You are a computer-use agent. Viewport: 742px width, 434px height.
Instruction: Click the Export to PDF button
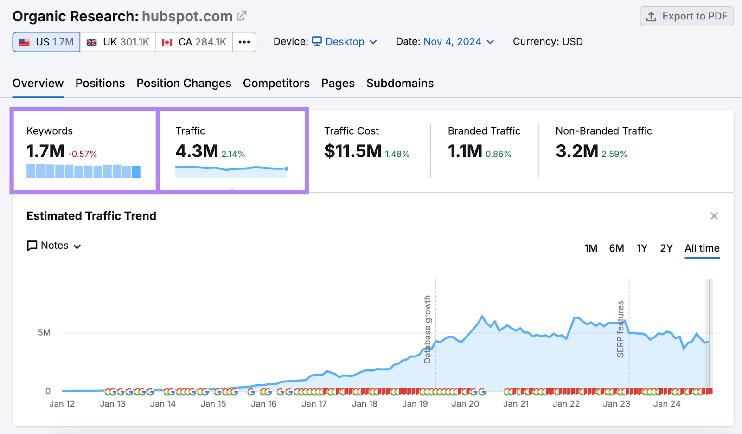click(x=687, y=16)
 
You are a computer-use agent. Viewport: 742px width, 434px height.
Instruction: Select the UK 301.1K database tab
click(x=118, y=42)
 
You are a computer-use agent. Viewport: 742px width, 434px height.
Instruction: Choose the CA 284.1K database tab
click(x=194, y=42)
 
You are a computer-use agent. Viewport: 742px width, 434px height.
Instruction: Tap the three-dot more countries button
click(x=244, y=42)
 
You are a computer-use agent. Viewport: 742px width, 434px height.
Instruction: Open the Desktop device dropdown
click(x=345, y=42)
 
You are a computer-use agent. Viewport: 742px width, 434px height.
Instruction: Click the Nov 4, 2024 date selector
click(x=458, y=42)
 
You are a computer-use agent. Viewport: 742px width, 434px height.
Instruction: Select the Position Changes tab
click(x=184, y=83)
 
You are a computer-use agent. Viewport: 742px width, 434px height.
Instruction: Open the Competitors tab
click(x=276, y=83)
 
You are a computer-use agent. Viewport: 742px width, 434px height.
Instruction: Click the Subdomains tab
click(x=400, y=83)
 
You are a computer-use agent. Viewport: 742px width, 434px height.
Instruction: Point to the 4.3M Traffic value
click(x=197, y=151)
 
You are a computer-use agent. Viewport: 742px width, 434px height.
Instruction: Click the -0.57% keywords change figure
click(x=83, y=154)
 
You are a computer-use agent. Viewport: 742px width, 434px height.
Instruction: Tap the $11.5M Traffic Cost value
click(x=353, y=151)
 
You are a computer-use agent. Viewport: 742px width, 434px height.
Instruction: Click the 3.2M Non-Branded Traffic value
click(x=577, y=151)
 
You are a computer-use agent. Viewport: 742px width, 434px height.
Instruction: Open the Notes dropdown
click(x=54, y=246)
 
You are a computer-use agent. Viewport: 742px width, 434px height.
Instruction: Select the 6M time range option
click(x=616, y=248)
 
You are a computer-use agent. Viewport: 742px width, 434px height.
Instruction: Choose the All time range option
click(x=702, y=248)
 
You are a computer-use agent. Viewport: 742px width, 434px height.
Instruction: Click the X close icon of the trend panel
click(x=714, y=216)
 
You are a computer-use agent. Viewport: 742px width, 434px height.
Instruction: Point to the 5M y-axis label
click(x=45, y=332)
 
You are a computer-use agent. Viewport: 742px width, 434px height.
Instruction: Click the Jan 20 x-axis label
click(x=465, y=404)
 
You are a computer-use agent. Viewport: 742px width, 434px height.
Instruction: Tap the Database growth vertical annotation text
click(x=428, y=329)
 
